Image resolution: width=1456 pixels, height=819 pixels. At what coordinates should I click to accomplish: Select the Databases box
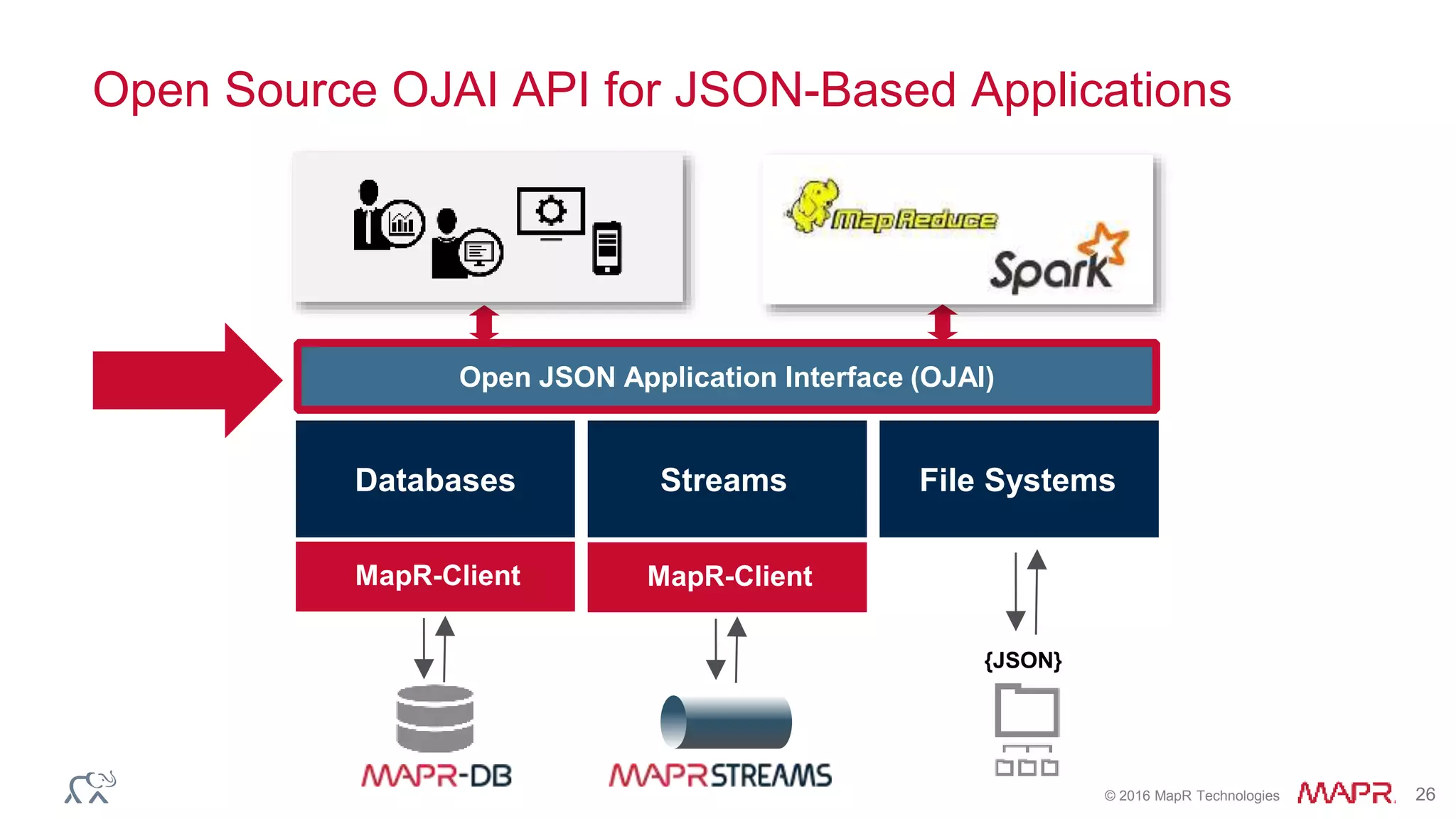pos(435,479)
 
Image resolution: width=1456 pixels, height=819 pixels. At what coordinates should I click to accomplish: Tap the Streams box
pos(727,479)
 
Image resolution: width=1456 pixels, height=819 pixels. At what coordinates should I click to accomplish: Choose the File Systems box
pos(1018,479)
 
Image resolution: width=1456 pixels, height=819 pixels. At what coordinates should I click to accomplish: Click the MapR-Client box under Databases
pos(435,576)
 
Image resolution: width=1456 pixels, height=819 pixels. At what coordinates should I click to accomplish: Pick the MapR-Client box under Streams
pos(727,577)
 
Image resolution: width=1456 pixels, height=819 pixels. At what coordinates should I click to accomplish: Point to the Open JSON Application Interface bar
pos(727,377)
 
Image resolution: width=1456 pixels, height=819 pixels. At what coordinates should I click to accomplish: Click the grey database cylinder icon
pos(434,718)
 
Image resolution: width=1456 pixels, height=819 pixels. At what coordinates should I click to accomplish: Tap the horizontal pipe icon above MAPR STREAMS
pos(726,722)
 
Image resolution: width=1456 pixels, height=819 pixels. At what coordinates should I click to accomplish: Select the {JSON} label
pos(1022,660)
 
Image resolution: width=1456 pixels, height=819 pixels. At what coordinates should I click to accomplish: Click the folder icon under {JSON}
pos(1027,710)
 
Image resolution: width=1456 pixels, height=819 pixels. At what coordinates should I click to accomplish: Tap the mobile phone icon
pos(606,248)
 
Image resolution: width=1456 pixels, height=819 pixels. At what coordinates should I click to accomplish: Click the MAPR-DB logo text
pos(436,776)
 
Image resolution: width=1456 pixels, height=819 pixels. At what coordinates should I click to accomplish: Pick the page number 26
pos(1425,794)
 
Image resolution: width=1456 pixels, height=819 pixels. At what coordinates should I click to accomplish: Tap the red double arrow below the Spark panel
pos(943,322)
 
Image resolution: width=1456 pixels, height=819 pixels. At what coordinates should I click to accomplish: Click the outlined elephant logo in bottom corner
pos(91,787)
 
